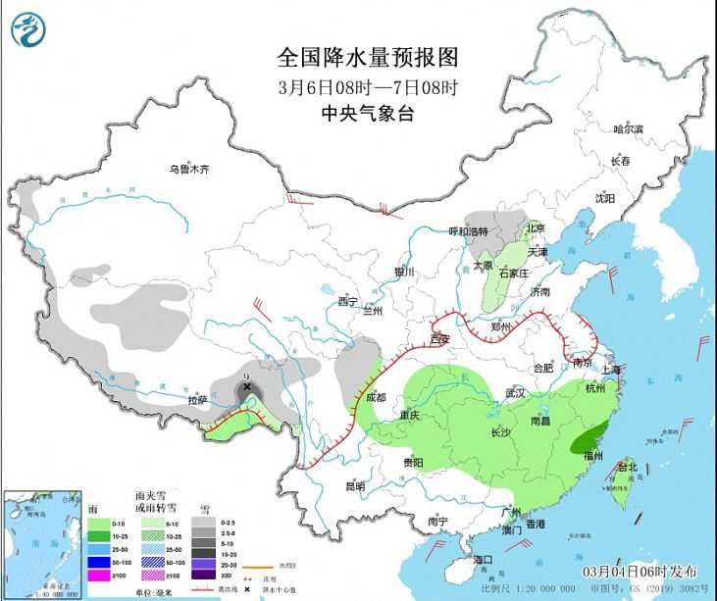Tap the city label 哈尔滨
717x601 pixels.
[x=628, y=128]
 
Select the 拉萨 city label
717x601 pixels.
[x=197, y=400]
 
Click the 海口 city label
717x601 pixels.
[x=482, y=559]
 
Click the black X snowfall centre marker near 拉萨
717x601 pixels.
[x=247, y=386]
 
